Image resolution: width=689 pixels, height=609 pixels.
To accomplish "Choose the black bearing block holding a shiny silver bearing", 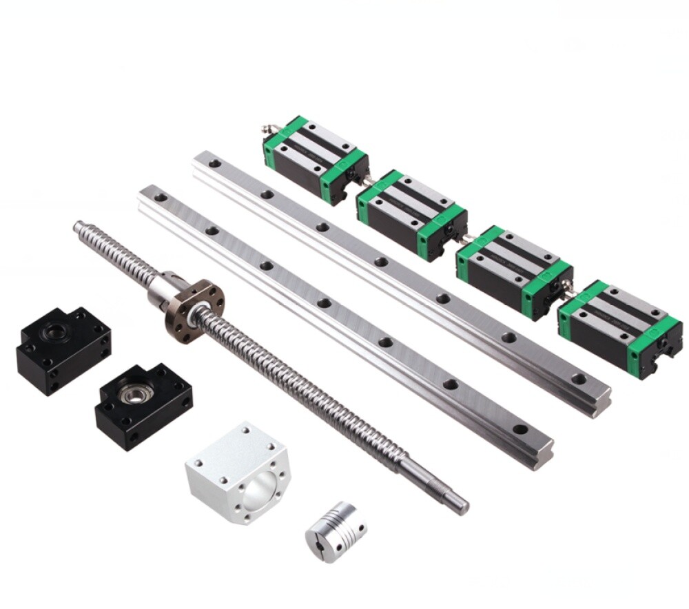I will (x=143, y=407).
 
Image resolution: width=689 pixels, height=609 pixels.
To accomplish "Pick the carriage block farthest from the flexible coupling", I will (x=314, y=158).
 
